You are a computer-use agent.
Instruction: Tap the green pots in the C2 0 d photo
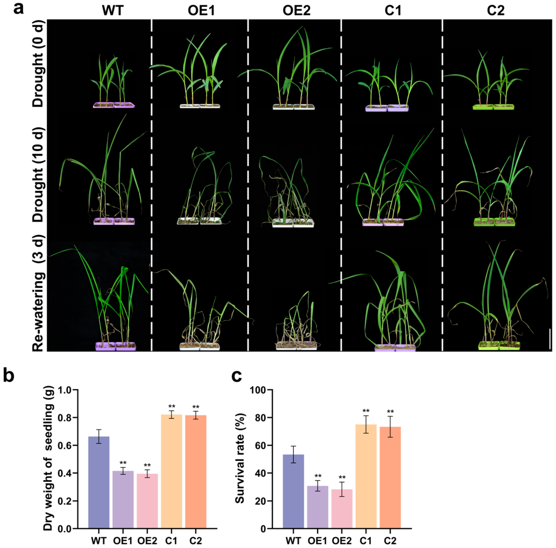tap(493, 107)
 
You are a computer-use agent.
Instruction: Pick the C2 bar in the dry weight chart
tap(196, 472)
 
